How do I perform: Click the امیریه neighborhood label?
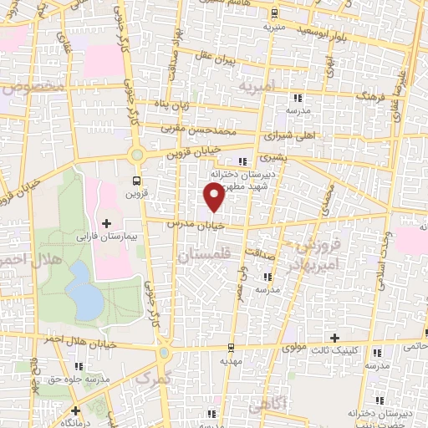point(255,86)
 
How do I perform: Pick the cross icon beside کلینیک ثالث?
point(335,339)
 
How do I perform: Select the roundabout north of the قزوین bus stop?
point(137,155)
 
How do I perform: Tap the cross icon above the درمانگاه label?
point(76,410)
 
